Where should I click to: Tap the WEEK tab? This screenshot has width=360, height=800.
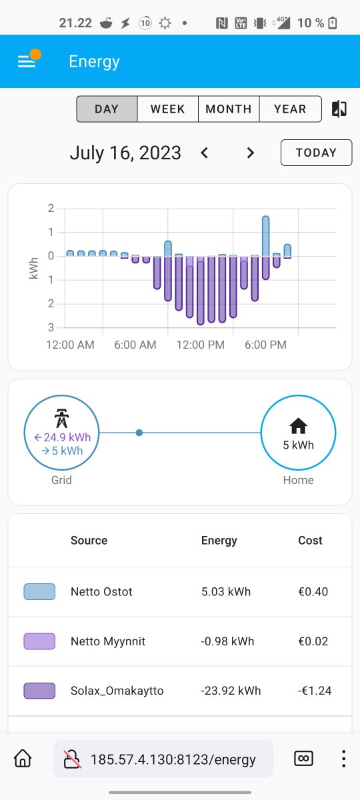[167, 109]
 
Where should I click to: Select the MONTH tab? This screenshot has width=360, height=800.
[229, 109]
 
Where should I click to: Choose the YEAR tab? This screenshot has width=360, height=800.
[290, 109]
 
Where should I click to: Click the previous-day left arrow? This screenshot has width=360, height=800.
[204, 153]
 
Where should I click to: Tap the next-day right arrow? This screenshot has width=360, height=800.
[251, 153]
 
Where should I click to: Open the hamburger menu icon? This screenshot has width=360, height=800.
[27, 61]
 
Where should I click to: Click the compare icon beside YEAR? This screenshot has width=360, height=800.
[339, 109]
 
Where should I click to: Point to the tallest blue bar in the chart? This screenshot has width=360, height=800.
[266, 236]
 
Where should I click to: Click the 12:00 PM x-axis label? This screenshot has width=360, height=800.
[201, 345]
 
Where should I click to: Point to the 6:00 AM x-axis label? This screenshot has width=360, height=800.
[135, 345]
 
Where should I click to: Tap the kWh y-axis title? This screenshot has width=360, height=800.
[33, 268]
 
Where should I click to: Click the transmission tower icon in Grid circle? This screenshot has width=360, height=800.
[61, 418]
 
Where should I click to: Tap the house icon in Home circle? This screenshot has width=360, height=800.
[298, 425]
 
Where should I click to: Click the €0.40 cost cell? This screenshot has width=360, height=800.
[313, 591]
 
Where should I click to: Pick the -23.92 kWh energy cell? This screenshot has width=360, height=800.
[231, 691]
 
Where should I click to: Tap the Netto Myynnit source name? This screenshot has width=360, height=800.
[108, 641]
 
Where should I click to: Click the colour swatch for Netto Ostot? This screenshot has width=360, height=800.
[39, 591]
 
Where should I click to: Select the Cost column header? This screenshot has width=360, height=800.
[310, 540]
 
